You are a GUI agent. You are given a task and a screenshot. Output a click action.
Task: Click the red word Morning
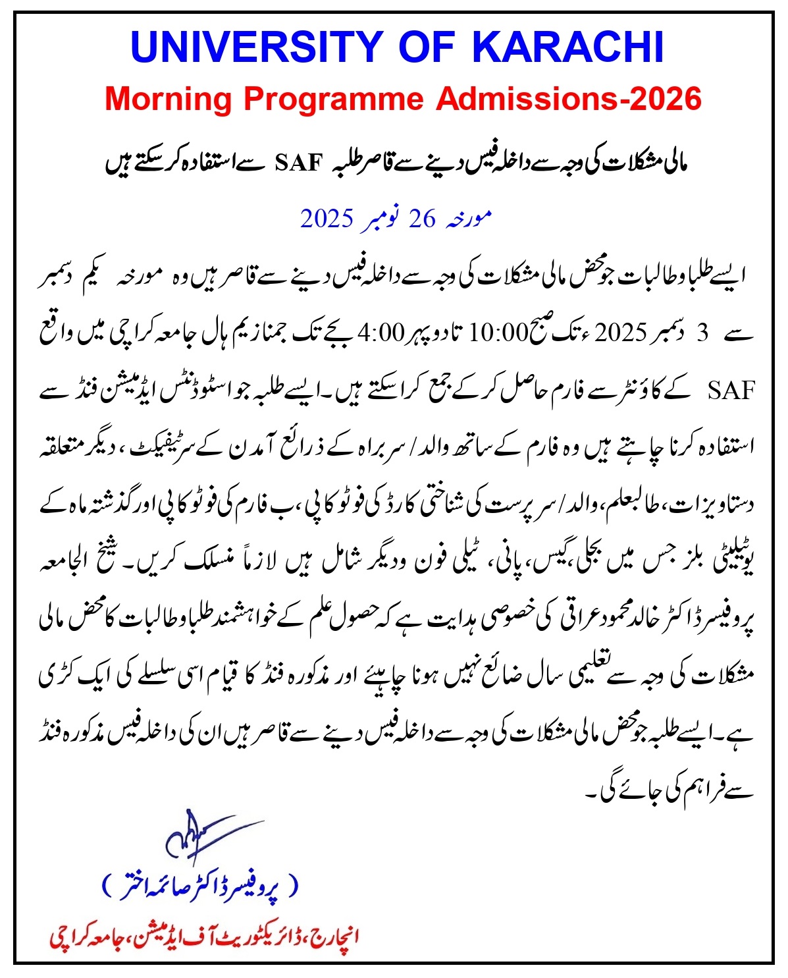[169, 99]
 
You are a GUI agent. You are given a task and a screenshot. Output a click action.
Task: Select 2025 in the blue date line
[327, 219]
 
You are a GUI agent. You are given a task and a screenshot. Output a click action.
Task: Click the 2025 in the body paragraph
[622, 333]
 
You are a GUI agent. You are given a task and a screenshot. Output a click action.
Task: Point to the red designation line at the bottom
[204, 936]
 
